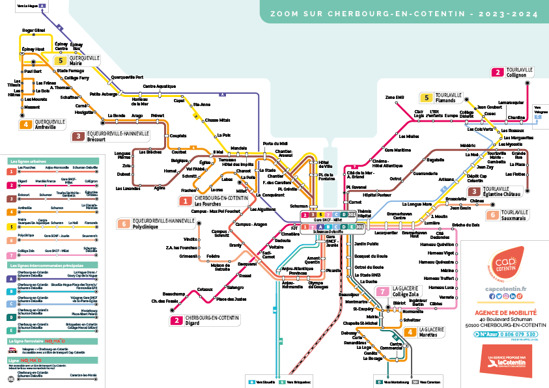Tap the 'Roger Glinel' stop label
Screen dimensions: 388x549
tap(33, 31)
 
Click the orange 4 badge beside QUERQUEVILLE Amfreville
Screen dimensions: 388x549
tap(25, 124)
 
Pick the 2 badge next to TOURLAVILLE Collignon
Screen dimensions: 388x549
tap(498, 72)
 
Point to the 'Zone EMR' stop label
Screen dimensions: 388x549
tap(395, 98)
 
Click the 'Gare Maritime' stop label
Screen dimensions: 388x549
tap(397, 150)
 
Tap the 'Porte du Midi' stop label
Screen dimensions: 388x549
tap(275, 143)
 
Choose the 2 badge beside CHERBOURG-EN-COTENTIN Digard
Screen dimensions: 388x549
tap(175, 320)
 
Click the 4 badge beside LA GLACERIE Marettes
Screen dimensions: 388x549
tap(410, 332)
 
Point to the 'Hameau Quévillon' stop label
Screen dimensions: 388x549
tap(437, 244)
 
